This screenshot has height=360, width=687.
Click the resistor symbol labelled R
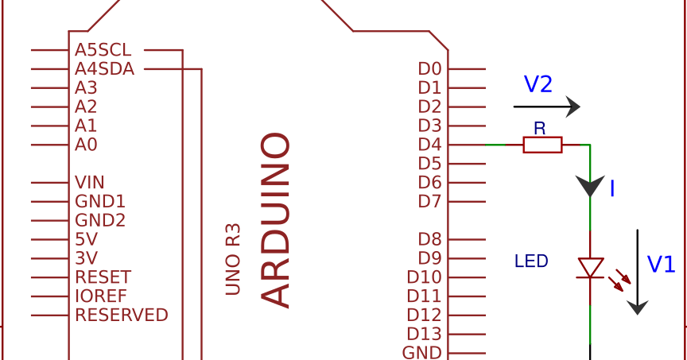point(542,145)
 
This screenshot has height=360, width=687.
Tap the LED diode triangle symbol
point(590,268)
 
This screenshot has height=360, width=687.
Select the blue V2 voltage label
point(538,85)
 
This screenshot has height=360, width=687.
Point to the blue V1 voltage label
point(661,265)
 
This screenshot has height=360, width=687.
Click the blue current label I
point(612,189)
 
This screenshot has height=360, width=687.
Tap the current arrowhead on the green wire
point(590,186)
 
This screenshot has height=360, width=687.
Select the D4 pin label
point(429,145)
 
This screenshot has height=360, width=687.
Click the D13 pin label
point(424,334)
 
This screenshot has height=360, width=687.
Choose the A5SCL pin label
point(103,50)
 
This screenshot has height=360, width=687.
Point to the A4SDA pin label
point(105,69)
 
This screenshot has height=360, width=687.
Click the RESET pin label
point(103,277)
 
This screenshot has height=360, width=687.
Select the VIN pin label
point(90,183)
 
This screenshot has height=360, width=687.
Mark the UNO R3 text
point(233,259)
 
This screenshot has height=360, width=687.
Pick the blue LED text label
point(531,261)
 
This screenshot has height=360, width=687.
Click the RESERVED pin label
point(122,315)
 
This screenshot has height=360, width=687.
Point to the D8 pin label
point(429,239)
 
